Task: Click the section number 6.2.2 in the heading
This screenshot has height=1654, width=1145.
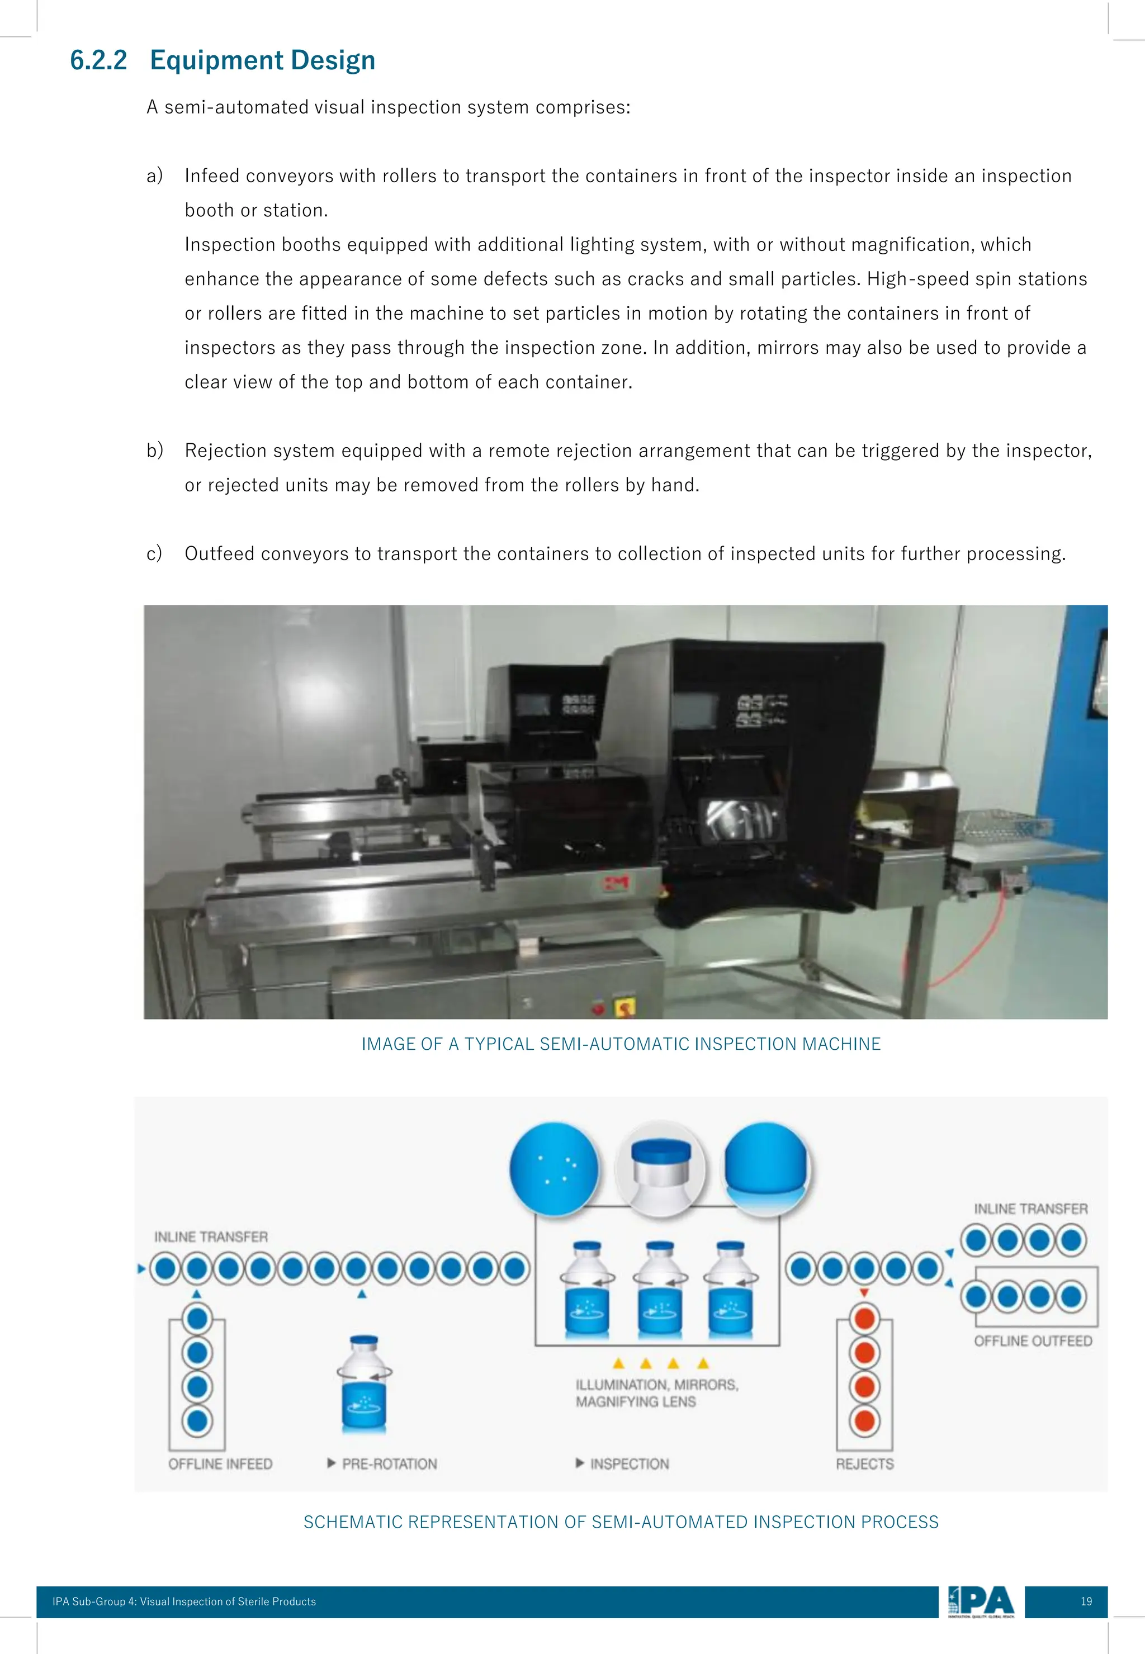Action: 98,60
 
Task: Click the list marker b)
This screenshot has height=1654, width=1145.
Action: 155,451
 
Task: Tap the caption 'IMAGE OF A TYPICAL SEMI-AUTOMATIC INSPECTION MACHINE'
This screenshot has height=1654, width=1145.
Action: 621,1044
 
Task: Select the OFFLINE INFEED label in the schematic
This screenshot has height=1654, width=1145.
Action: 220,1464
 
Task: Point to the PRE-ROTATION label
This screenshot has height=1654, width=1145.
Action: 389,1464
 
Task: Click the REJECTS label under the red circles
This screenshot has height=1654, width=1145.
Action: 864,1464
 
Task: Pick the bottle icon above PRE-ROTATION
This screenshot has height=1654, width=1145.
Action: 365,1383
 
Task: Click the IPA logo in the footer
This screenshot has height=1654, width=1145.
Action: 981,1601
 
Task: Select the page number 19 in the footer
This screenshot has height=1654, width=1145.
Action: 1086,1601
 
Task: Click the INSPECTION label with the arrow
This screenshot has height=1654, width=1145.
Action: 623,1464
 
